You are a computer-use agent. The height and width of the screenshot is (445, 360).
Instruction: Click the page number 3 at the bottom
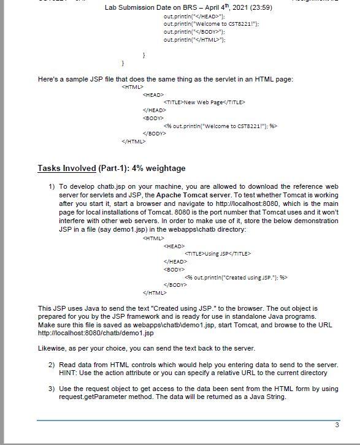(x=337, y=425)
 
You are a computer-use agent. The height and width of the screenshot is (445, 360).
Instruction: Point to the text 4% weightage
(x=157, y=168)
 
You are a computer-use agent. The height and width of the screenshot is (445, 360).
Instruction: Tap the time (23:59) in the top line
(x=257, y=7)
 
